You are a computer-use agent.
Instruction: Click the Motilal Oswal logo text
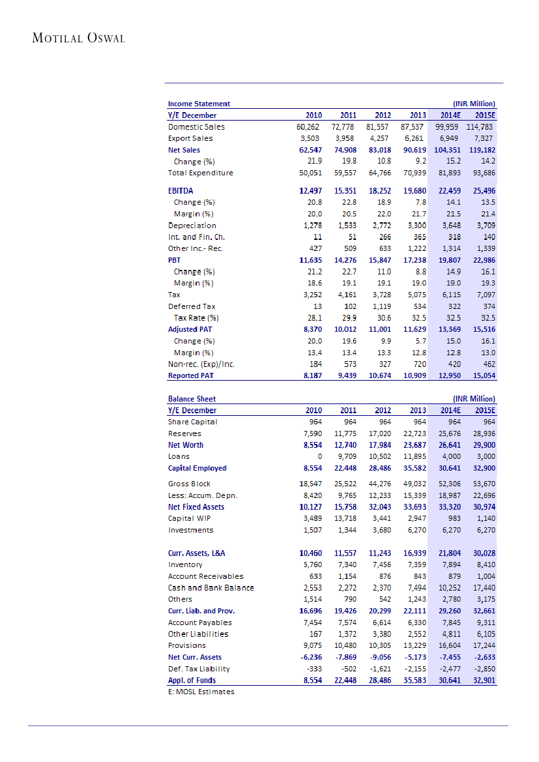click(x=78, y=38)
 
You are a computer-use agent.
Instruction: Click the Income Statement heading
click(x=199, y=104)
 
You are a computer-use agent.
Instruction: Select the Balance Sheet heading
click(x=192, y=399)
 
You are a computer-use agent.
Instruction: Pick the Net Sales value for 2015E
click(x=480, y=150)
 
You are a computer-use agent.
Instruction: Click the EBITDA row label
click(x=181, y=191)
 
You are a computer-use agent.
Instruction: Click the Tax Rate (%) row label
click(x=196, y=318)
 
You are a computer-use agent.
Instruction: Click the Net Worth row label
click(x=186, y=445)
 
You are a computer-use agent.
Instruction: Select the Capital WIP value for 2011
click(x=345, y=519)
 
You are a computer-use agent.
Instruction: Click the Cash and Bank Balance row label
click(x=211, y=588)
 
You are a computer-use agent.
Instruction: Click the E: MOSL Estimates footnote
click(x=201, y=692)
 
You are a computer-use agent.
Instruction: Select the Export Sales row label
click(x=190, y=139)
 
